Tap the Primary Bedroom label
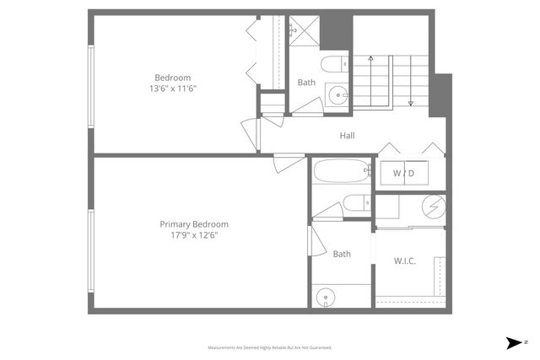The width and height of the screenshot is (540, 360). (x=194, y=224)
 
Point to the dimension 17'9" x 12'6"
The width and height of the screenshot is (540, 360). (x=194, y=235)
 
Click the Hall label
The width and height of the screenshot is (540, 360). (x=347, y=136)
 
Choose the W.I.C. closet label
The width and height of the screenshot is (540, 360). (x=405, y=261)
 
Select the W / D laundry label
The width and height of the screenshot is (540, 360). (x=404, y=174)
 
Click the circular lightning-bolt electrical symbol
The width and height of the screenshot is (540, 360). (x=433, y=205)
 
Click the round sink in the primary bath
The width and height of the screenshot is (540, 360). (x=326, y=296)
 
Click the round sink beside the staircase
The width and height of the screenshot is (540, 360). (x=337, y=95)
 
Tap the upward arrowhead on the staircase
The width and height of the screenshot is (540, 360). (x=370, y=58)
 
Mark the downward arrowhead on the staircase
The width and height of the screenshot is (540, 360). (x=410, y=104)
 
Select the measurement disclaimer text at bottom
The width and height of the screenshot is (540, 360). (x=270, y=347)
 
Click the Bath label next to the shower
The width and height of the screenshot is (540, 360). (x=305, y=83)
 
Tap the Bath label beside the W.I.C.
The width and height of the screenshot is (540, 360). (x=342, y=254)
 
